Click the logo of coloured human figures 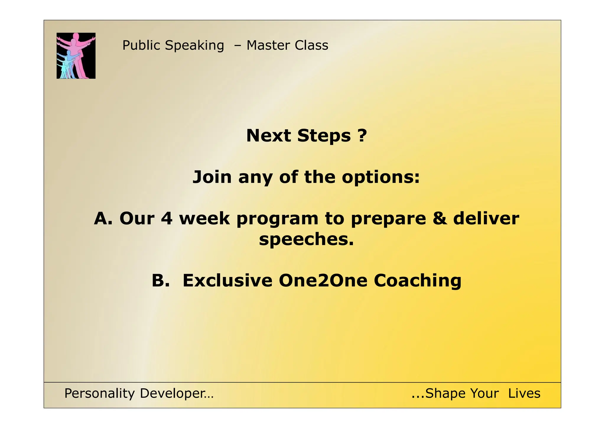(x=76, y=56)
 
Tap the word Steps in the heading (x=324, y=136)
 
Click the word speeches (x=306, y=240)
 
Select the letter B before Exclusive (x=159, y=281)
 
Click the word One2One (x=323, y=281)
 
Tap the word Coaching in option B (x=417, y=281)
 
